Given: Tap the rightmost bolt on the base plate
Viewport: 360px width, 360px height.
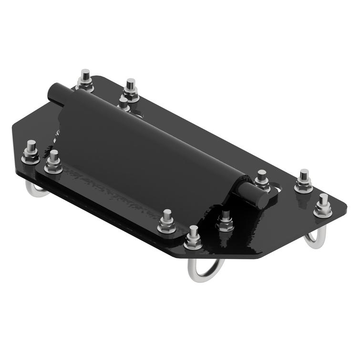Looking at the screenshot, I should click(x=323, y=206).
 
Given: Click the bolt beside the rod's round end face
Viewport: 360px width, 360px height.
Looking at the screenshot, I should click(x=262, y=180).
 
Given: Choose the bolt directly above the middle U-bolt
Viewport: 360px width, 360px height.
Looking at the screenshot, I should click(x=193, y=238).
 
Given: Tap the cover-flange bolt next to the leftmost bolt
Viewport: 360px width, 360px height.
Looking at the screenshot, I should click(x=53, y=162).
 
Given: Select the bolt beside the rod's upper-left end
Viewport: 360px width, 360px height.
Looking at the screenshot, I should click(x=85, y=81).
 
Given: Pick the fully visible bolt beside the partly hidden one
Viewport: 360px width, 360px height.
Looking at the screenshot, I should click(x=130, y=90).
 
